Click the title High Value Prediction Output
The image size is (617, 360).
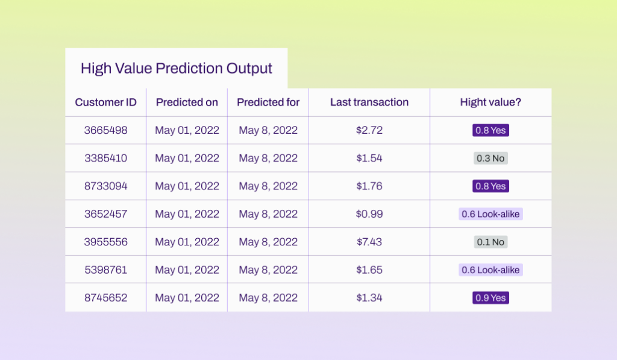click(x=177, y=68)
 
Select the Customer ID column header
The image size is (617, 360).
click(x=105, y=102)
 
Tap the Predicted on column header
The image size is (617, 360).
click(x=187, y=102)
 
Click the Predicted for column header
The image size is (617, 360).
click(x=268, y=102)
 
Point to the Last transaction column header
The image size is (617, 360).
click(x=369, y=102)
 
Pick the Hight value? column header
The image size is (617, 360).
click(x=490, y=102)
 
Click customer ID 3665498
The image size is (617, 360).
click(x=105, y=130)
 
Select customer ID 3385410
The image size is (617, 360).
click(x=105, y=158)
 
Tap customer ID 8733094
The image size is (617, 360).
click(x=105, y=186)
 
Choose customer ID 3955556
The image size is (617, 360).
click(x=105, y=242)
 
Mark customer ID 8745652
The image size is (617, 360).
click(x=105, y=298)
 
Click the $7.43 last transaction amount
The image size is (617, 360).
click(x=369, y=242)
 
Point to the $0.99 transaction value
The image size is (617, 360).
click(x=369, y=214)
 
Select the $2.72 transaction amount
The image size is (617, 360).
click(x=369, y=130)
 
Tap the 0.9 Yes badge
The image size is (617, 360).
click(x=490, y=298)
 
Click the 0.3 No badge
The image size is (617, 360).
click(x=490, y=158)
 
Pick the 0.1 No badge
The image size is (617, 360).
click(x=490, y=242)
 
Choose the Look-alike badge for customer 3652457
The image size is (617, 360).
click(x=490, y=214)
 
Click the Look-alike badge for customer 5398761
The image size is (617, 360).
click(x=490, y=270)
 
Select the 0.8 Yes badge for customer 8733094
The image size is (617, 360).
click(x=490, y=186)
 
